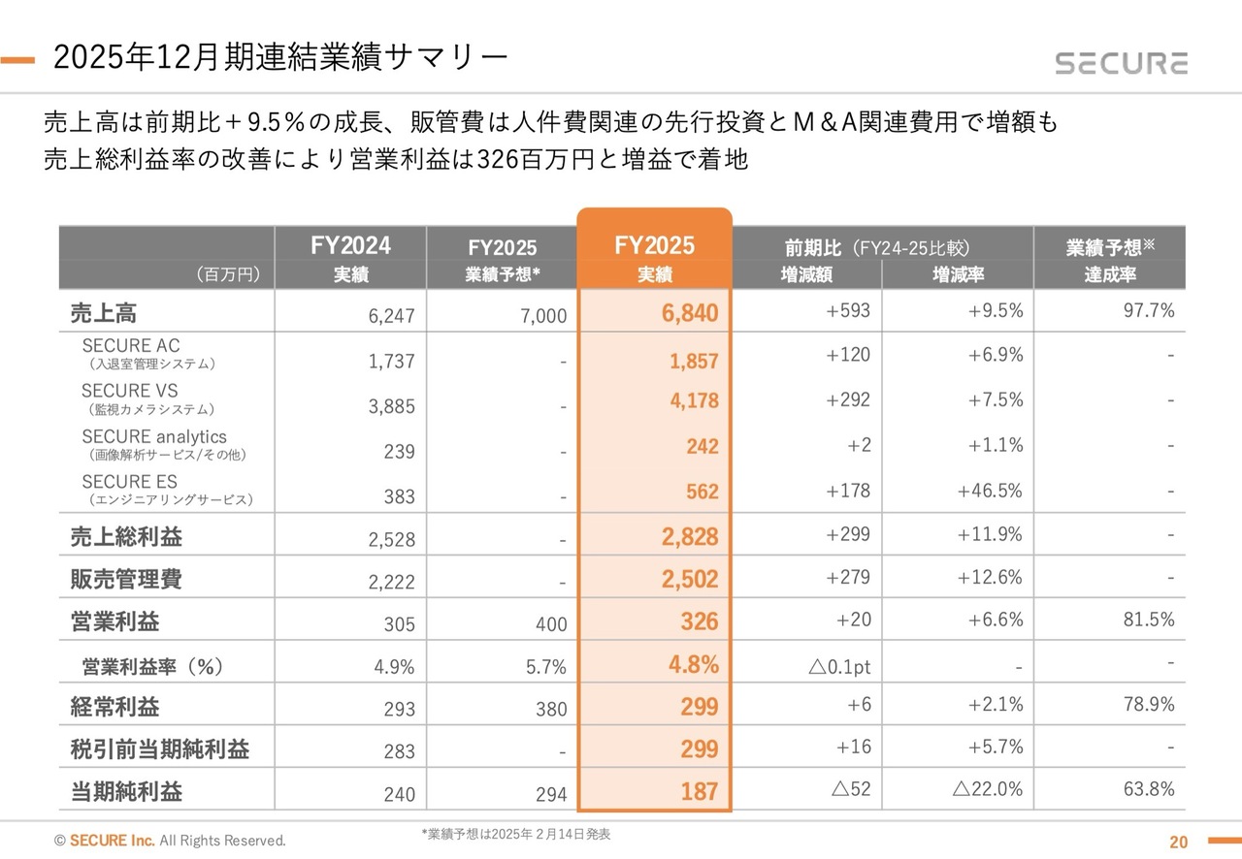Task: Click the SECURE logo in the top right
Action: coord(1121,63)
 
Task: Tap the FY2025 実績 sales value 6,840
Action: coord(691,313)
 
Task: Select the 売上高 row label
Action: coord(104,312)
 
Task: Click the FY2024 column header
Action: coord(350,245)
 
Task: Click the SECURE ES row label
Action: coord(130,482)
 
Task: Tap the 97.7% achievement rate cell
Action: coord(1149,310)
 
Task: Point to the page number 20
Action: coord(1178,842)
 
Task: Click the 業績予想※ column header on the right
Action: coord(1110,247)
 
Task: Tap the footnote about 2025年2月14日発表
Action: coord(515,834)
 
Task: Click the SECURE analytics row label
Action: coord(154,437)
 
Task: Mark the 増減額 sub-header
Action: coord(806,275)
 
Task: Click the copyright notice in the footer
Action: coord(170,841)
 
